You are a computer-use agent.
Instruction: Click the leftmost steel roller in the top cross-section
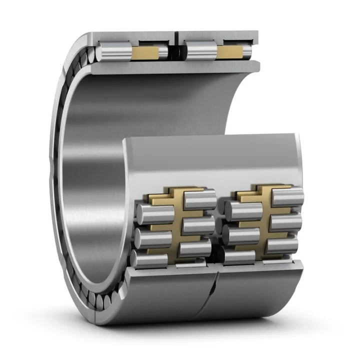tap(114, 51)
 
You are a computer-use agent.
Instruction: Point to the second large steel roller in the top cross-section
tap(199, 51)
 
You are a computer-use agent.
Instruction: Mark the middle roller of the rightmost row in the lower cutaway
tap(286, 221)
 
